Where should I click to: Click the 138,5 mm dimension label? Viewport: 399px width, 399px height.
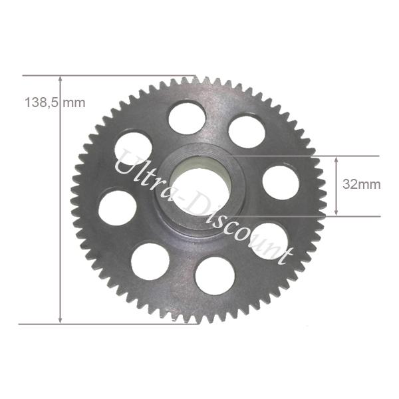[55, 102]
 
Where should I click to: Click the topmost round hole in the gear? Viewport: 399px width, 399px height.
[187, 117]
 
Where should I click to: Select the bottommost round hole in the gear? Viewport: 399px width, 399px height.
[215, 275]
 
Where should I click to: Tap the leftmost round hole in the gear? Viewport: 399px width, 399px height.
[117, 207]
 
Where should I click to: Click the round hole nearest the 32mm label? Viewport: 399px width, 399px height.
[281, 182]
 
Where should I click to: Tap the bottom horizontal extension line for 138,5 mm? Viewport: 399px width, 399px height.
[100, 324]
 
